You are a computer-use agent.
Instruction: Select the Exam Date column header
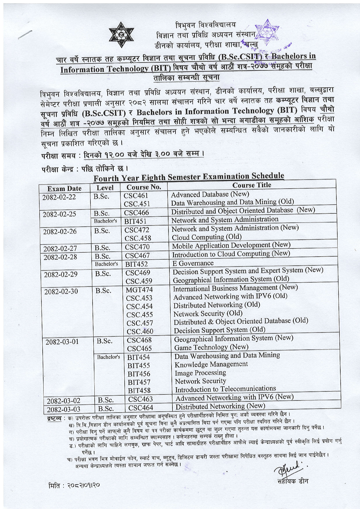64,189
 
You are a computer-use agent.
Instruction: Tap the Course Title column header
252,185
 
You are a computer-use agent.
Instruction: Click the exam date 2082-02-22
59,197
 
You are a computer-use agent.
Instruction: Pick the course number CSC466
136,212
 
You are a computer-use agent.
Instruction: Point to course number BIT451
135,221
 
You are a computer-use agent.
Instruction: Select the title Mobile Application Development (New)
231,245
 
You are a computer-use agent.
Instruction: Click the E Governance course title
193,263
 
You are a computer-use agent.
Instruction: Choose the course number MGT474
139,290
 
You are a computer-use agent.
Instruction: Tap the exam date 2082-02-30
61,292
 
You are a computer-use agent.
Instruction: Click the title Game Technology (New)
211,347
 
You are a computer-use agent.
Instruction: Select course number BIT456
139,374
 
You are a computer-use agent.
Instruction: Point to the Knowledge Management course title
211,365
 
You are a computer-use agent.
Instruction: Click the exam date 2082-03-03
64,409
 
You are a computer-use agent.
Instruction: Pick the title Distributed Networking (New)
220,406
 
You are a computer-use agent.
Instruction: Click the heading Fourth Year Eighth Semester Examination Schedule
189,177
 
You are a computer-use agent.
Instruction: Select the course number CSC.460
140,332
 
